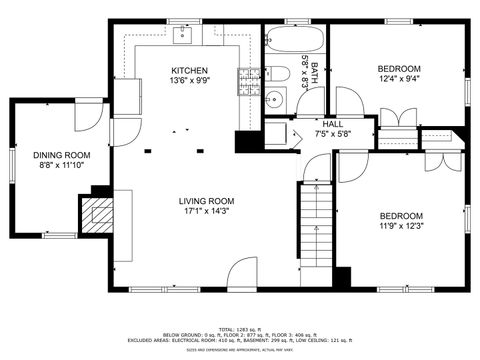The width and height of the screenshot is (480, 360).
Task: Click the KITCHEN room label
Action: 189,71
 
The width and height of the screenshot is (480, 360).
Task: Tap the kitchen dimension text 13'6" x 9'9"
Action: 189,82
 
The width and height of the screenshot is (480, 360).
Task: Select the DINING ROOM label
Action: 61,155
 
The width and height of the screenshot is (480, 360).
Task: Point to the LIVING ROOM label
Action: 207,200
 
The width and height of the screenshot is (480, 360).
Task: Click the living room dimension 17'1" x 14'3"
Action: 207,211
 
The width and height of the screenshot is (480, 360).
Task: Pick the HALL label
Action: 333,123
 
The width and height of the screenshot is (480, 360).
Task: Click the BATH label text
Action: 314,72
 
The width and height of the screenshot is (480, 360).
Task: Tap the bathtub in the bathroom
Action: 295,42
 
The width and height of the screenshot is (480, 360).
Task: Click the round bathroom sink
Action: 271,98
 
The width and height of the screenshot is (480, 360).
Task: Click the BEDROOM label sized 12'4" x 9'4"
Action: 398,69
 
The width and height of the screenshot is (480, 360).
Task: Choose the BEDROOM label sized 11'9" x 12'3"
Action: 399,216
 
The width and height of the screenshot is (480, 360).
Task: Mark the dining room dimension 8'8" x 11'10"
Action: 61,166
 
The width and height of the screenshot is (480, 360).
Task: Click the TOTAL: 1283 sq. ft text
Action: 240,328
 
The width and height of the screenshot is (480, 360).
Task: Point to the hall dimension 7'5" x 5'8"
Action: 333,133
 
